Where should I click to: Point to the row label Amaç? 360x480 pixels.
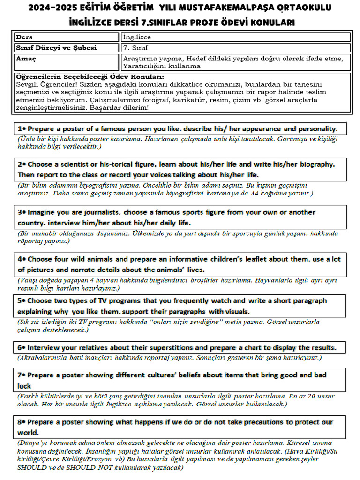(26, 59)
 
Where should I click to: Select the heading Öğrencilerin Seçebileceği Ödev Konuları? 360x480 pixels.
(90, 76)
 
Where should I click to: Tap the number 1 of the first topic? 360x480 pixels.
(20, 128)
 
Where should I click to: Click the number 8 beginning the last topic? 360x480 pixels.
(20, 421)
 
